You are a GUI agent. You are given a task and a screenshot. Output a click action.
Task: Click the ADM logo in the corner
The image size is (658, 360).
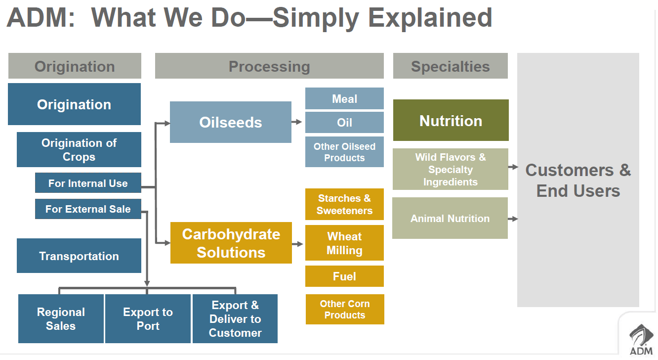(641, 340)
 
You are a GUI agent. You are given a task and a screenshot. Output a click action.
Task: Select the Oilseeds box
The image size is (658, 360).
(231, 122)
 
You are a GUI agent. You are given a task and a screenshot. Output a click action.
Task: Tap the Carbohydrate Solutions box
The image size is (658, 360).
(231, 243)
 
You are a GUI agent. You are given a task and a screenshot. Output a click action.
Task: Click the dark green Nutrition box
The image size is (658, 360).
(451, 120)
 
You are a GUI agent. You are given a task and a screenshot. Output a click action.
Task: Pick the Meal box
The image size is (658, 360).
(345, 98)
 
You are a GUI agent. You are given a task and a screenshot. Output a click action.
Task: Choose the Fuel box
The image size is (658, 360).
(345, 276)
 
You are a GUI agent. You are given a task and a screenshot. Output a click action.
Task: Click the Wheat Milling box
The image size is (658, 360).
(345, 243)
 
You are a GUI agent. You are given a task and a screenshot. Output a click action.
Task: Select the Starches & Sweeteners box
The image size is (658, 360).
(345, 204)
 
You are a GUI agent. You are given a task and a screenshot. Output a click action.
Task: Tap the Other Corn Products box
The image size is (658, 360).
(345, 309)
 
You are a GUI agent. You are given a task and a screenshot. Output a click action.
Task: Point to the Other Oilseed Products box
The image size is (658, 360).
(345, 152)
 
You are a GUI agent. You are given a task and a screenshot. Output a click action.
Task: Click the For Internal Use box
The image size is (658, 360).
(88, 182)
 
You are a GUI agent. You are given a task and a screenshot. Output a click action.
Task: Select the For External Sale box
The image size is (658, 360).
(88, 209)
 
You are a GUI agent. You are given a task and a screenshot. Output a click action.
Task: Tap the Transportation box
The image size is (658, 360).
(79, 256)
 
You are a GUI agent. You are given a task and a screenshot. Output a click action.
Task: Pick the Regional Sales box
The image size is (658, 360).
(61, 318)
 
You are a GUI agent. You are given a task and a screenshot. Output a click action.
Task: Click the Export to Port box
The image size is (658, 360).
(148, 318)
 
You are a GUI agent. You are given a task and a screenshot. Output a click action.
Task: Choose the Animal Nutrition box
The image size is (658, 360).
(450, 218)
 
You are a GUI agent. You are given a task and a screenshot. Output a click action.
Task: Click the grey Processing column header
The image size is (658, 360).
(269, 66)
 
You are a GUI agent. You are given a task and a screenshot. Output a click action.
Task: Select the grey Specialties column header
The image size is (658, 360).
(451, 66)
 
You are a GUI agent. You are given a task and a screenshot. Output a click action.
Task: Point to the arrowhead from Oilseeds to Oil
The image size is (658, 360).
(299, 122)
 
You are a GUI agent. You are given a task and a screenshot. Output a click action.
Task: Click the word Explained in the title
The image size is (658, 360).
(430, 18)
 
